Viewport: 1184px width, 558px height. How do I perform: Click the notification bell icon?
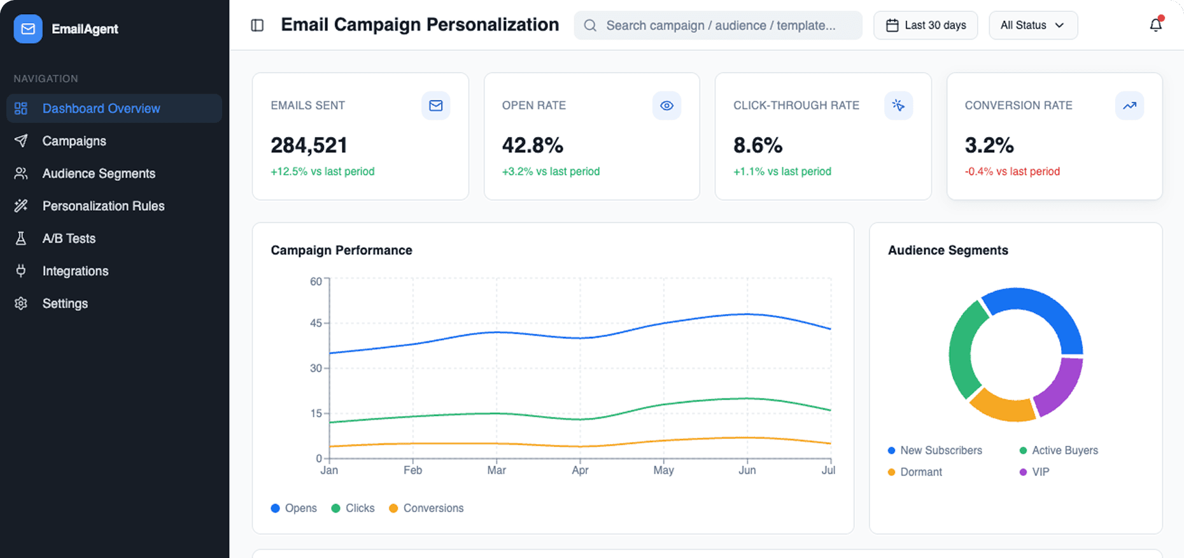click(1155, 25)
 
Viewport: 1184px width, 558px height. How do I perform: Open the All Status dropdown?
click(1032, 25)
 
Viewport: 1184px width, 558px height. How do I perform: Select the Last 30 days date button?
click(926, 25)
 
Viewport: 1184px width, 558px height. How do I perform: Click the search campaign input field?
click(719, 25)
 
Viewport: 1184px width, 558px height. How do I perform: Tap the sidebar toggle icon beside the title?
click(257, 25)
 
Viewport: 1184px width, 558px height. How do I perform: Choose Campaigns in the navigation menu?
click(74, 141)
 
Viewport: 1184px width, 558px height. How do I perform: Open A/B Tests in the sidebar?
click(69, 238)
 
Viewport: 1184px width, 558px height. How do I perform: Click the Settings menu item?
click(65, 303)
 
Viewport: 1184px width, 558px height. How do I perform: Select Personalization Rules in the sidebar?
click(103, 206)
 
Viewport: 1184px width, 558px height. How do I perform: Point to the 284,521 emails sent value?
click(309, 145)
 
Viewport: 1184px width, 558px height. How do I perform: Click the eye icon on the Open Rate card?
click(666, 106)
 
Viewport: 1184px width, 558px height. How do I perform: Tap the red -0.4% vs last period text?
click(1012, 171)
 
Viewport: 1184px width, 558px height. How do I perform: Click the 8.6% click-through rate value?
click(758, 145)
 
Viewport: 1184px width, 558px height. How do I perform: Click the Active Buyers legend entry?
click(1064, 450)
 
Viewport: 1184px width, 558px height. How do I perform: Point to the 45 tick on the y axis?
click(316, 323)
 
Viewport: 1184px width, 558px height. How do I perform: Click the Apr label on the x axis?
click(580, 470)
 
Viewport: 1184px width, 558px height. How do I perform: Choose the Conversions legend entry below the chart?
click(433, 508)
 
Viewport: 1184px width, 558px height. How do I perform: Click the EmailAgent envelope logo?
click(28, 29)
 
